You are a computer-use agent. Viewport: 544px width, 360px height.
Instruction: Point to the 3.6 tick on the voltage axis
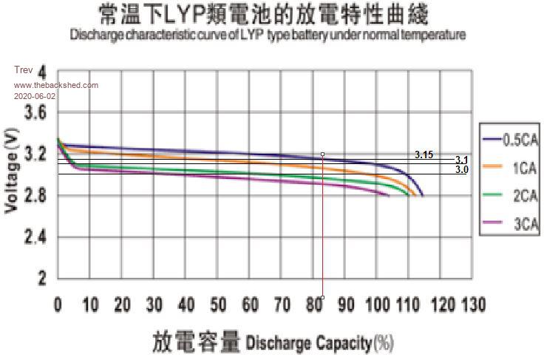35,112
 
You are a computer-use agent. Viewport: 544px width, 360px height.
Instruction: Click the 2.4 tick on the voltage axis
35,237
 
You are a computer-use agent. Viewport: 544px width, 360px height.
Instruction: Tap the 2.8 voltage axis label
35,196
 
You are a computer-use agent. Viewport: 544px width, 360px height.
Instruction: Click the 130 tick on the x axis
472,305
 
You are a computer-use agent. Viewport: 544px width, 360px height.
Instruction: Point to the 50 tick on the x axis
218,305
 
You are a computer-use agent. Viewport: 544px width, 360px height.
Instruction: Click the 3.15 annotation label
424,154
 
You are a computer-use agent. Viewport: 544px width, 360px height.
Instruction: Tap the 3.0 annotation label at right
461,170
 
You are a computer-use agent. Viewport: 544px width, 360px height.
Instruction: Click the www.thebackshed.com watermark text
55,86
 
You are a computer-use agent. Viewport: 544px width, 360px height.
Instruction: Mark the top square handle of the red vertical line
323,154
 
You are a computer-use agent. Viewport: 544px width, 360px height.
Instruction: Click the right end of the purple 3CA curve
389,195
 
